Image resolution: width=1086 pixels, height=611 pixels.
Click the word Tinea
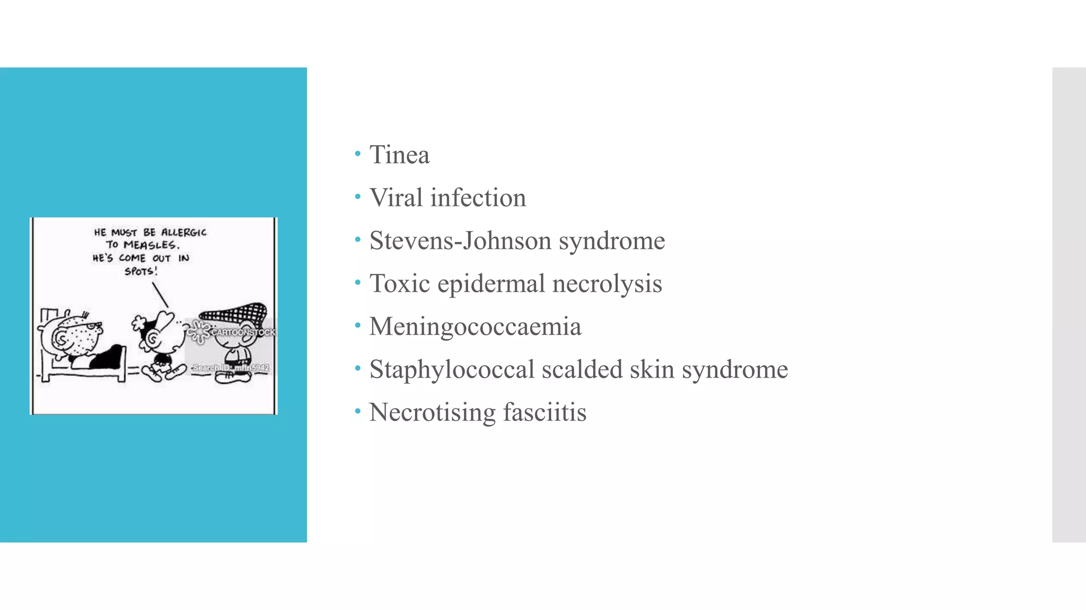coord(399,155)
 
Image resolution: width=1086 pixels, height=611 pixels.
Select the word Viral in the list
coord(396,198)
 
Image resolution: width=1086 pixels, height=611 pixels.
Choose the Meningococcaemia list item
coord(475,327)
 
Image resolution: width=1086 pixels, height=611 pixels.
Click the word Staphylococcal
coord(452,370)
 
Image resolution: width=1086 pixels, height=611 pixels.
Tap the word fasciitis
coord(545,413)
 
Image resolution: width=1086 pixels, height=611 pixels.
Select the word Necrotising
coord(432,413)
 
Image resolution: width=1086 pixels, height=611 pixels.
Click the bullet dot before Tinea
coord(358,154)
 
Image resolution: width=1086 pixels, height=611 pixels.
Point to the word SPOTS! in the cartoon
coord(141,272)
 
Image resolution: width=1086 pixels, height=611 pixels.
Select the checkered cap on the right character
coord(233,313)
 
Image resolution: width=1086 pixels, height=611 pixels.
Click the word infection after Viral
coord(478,198)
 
